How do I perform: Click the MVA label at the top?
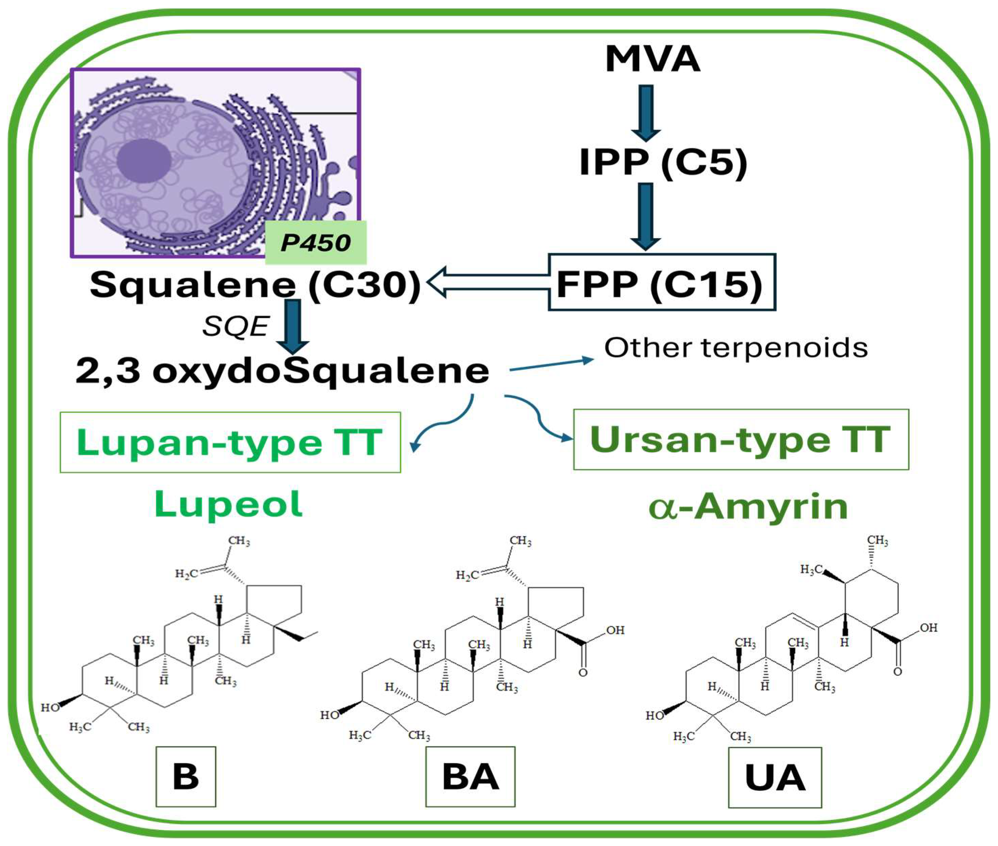click(652, 59)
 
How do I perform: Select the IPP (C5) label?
click(663, 162)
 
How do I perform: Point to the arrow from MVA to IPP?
click(646, 113)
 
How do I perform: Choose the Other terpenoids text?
click(735, 348)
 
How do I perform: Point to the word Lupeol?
click(228, 504)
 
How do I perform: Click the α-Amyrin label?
click(748, 507)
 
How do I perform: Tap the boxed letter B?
click(186, 776)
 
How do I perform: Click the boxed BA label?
click(470, 776)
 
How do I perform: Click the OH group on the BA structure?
click(615, 630)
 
